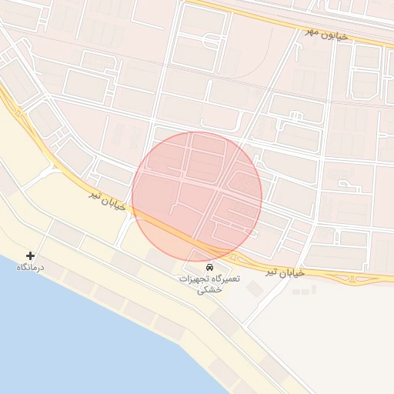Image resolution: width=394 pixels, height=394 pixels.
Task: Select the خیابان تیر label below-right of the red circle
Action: pyautogui.click(x=285, y=272)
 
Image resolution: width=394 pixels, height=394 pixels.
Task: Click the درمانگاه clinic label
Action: pyautogui.click(x=31, y=267)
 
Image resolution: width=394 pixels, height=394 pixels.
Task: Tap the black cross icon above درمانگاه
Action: pyautogui.click(x=31, y=255)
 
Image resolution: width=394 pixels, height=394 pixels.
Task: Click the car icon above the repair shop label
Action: pyautogui.click(x=210, y=266)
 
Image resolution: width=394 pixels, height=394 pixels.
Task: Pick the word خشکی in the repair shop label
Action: pyautogui.click(x=209, y=290)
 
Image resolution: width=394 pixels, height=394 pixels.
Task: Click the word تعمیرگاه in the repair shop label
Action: pyautogui.click(x=225, y=279)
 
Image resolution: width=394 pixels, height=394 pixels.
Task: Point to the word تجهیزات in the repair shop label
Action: pyautogui.click(x=194, y=279)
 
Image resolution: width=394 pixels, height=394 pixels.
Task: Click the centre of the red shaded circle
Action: pyautogui.click(x=197, y=197)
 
